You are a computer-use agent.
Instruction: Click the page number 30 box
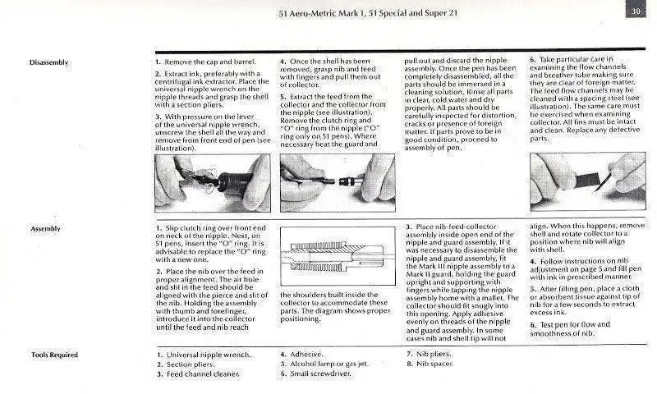[636, 11]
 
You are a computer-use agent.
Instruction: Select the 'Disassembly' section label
[48, 62]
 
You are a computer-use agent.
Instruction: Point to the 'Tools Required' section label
[53, 355]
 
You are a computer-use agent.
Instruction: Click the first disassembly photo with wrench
[212, 181]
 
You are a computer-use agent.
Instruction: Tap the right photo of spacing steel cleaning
[586, 181]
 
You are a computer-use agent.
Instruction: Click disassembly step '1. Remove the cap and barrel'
[205, 62]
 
